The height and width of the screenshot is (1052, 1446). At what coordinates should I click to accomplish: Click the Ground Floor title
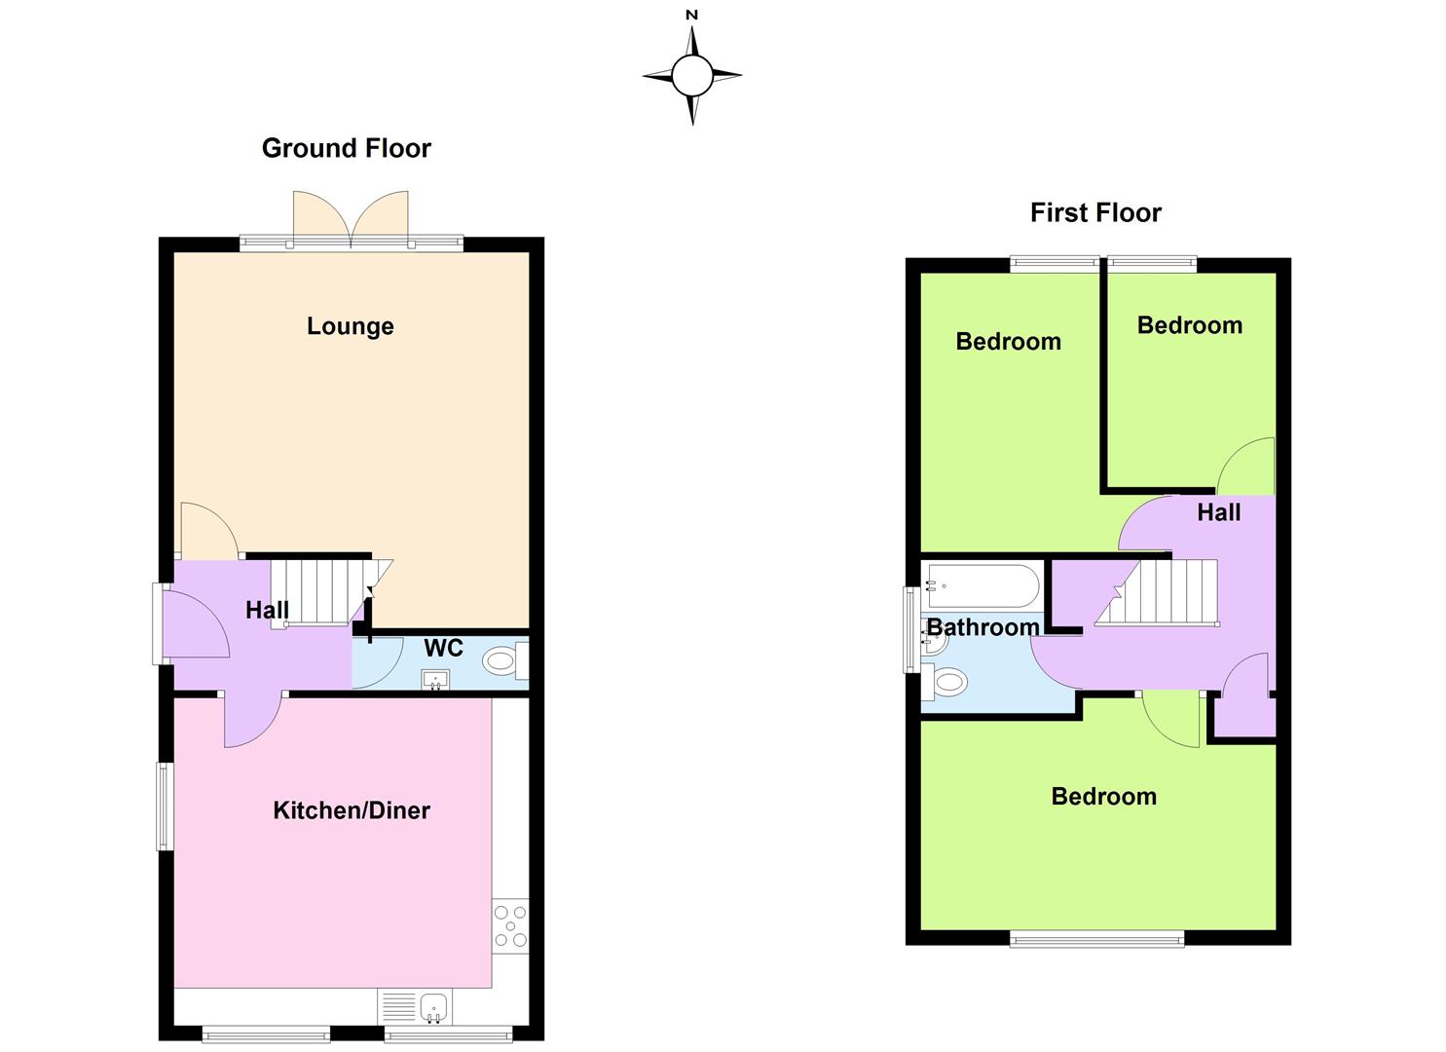click(346, 148)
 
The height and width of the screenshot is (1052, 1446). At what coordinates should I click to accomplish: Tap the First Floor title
click(1095, 212)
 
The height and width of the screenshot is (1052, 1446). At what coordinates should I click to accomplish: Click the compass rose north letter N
click(692, 15)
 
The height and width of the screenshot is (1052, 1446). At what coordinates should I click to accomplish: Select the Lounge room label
click(350, 326)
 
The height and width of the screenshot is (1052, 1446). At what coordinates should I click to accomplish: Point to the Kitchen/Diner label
click(352, 810)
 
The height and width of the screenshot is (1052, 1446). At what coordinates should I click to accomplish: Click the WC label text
click(443, 648)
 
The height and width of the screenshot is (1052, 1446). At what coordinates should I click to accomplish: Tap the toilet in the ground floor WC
click(505, 660)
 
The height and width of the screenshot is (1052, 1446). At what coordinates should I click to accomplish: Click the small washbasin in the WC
click(435, 680)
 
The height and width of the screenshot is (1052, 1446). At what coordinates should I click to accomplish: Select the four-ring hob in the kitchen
click(510, 926)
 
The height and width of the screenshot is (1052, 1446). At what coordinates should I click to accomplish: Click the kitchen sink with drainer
click(415, 1008)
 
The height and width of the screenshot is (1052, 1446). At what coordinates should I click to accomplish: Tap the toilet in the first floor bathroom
click(945, 681)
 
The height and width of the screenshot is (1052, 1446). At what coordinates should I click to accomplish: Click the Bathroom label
click(983, 627)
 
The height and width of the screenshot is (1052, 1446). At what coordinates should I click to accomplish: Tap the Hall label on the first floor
click(1219, 512)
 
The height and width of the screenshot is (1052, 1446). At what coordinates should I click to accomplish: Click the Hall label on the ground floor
click(267, 611)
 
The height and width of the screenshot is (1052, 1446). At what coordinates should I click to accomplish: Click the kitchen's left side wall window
click(166, 806)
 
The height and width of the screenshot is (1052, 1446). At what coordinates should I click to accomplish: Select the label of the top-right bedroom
click(1190, 325)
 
